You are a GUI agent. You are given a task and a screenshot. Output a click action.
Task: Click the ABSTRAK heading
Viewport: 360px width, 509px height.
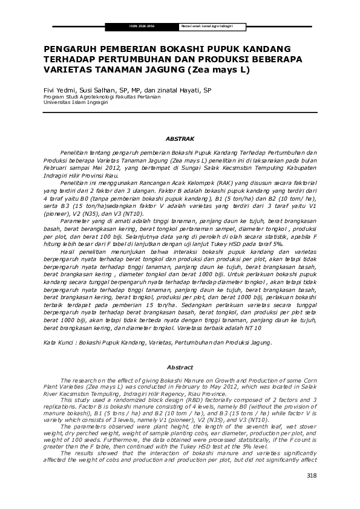click(180, 138)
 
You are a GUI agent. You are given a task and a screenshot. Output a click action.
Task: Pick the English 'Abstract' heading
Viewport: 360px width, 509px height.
click(180, 367)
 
